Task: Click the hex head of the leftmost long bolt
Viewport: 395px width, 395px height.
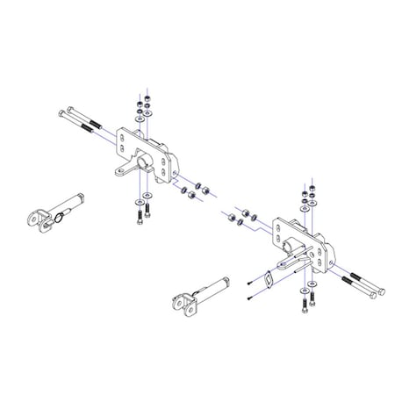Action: point(61,113)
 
